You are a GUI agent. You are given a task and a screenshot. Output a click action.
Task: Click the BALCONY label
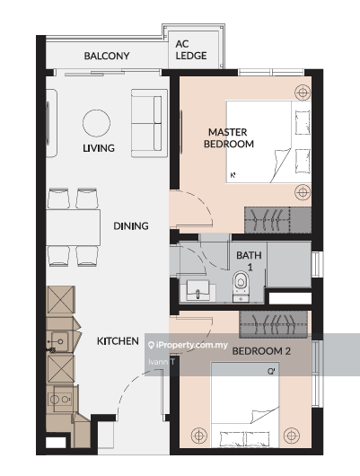click(107, 56)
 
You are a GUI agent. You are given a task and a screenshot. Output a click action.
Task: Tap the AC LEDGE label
click(191, 49)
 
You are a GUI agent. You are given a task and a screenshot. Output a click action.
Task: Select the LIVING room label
click(99, 148)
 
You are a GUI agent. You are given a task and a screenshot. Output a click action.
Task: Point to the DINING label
click(131, 225)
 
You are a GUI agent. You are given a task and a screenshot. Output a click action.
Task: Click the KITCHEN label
click(118, 341)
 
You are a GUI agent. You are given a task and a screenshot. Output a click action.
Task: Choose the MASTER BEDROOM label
click(229, 137)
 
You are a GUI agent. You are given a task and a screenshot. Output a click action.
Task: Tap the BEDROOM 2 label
click(261, 351)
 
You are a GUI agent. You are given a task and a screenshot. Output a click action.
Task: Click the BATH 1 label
click(249, 261)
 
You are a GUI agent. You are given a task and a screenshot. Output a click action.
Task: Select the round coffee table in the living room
click(97, 123)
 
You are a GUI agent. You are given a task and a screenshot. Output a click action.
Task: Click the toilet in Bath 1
click(241, 286)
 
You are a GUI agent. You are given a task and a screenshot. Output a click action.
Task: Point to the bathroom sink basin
click(198, 291)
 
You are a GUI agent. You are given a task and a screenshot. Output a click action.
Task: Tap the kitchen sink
click(59, 341)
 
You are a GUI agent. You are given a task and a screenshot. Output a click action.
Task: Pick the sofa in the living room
click(149, 123)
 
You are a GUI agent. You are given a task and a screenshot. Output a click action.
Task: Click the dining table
click(73, 227)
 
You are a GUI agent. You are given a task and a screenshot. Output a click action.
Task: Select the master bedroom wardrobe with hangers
click(277, 220)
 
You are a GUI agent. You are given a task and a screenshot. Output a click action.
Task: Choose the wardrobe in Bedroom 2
click(273, 324)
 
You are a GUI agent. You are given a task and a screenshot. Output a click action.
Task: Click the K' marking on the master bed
click(233, 175)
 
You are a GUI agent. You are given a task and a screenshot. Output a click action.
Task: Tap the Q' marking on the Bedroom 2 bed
click(271, 371)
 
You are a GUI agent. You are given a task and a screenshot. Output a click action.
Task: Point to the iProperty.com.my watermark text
click(189, 345)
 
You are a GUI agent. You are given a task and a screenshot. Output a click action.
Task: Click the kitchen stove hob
click(60, 399)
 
